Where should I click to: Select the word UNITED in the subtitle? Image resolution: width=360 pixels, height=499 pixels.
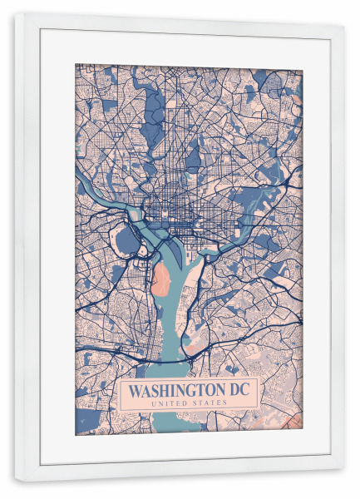(170, 404)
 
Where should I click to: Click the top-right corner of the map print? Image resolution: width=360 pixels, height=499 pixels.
(303, 65)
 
